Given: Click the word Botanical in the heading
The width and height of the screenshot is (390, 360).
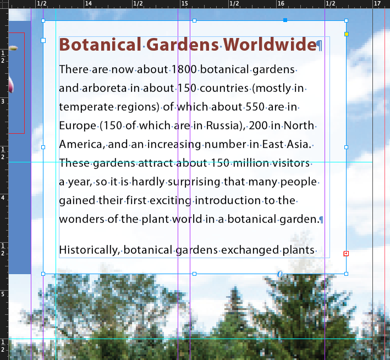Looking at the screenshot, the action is click(x=100, y=45).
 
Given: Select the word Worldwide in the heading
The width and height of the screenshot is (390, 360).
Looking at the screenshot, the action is click(x=270, y=45).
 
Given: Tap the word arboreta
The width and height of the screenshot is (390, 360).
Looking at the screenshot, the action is click(x=104, y=88).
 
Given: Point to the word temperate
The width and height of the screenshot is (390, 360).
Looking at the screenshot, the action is click(x=86, y=107).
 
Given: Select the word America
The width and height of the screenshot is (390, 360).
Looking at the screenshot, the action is click(x=80, y=144).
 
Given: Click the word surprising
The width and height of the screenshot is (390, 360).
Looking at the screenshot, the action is click(x=194, y=182).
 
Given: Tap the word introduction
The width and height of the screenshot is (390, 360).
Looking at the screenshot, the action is click(x=228, y=200).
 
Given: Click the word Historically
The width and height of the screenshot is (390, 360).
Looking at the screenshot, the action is click(x=89, y=250).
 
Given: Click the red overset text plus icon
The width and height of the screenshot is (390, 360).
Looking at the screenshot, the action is click(x=346, y=253).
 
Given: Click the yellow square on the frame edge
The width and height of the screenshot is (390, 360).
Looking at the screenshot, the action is click(x=347, y=34).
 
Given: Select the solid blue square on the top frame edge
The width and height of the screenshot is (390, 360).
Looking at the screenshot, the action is click(x=285, y=20).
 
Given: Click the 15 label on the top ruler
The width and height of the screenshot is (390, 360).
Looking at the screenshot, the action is click(x=185, y=3).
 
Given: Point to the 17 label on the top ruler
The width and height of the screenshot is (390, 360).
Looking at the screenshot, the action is click(x=377, y=3).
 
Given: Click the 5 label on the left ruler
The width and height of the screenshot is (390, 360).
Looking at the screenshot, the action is click(x=3, y=294).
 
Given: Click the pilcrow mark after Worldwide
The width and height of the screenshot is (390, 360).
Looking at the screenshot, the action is click(x=320, y=46).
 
